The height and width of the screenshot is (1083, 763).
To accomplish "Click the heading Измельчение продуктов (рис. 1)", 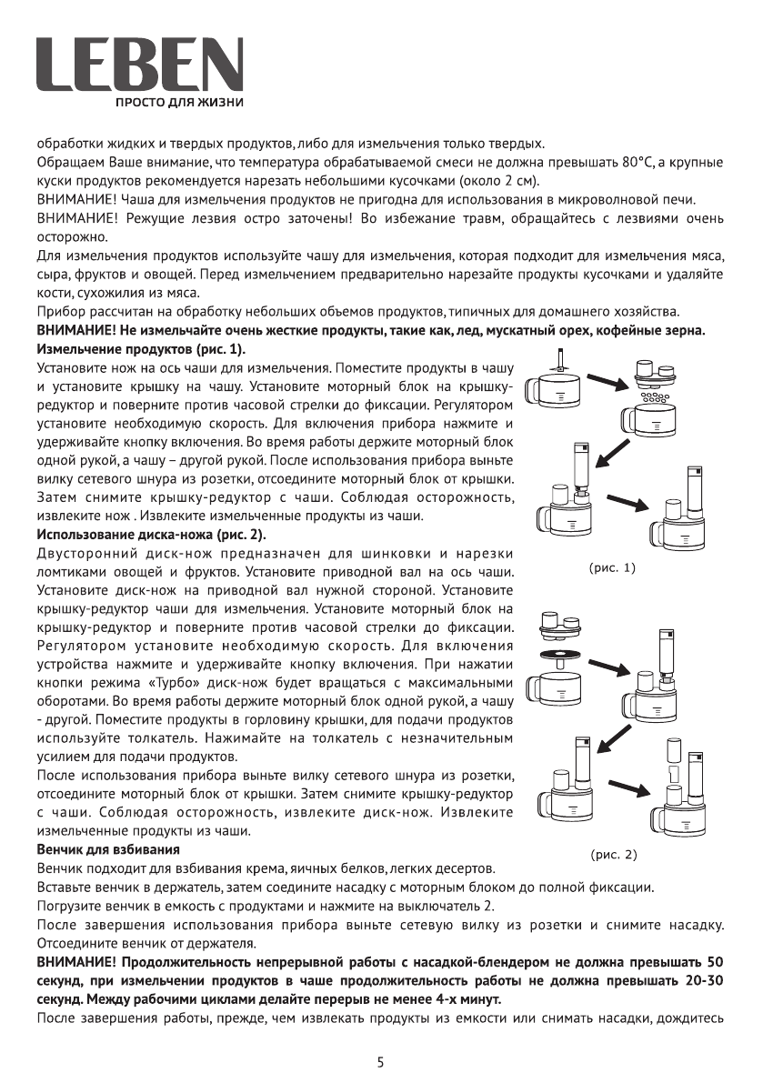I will pyautogui.click(x=141, y=349).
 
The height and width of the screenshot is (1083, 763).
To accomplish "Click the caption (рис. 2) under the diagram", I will pyautogui.click(x=614, y=854).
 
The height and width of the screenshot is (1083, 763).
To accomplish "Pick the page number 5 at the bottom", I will pyautogui.click(x=381, y=1061).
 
